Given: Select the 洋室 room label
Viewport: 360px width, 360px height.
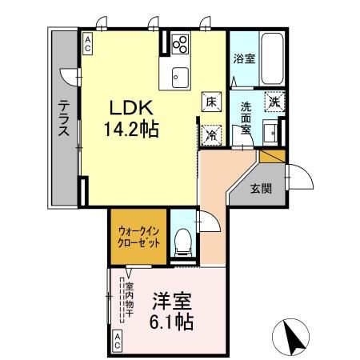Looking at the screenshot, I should coord(170,302).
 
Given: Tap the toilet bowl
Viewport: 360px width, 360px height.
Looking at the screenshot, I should coord(183,238).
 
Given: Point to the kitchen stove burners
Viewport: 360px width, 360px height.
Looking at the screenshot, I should coord(180,44).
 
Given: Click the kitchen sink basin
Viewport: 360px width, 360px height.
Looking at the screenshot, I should coord(178,77).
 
